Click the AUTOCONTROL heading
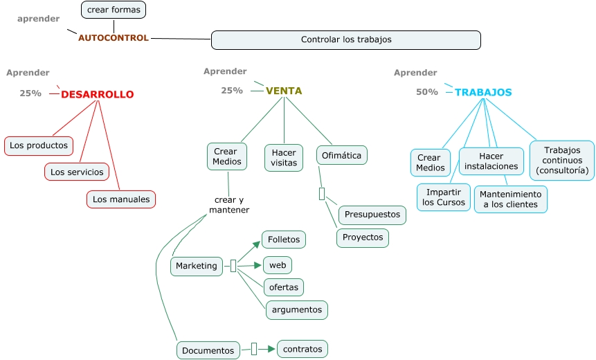114,38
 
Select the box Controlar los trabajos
345,40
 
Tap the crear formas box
114,10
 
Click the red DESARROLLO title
98,95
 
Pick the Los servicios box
77,172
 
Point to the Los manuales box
121,199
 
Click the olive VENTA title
284,91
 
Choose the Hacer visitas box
284,157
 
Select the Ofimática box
342,155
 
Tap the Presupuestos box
372,215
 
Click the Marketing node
197,266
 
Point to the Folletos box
284,240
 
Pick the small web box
278,265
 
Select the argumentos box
297,309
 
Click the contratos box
302,349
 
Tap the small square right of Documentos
254,349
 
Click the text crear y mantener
229,205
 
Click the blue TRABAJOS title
483,92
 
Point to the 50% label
427,92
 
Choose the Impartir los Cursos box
444,197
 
